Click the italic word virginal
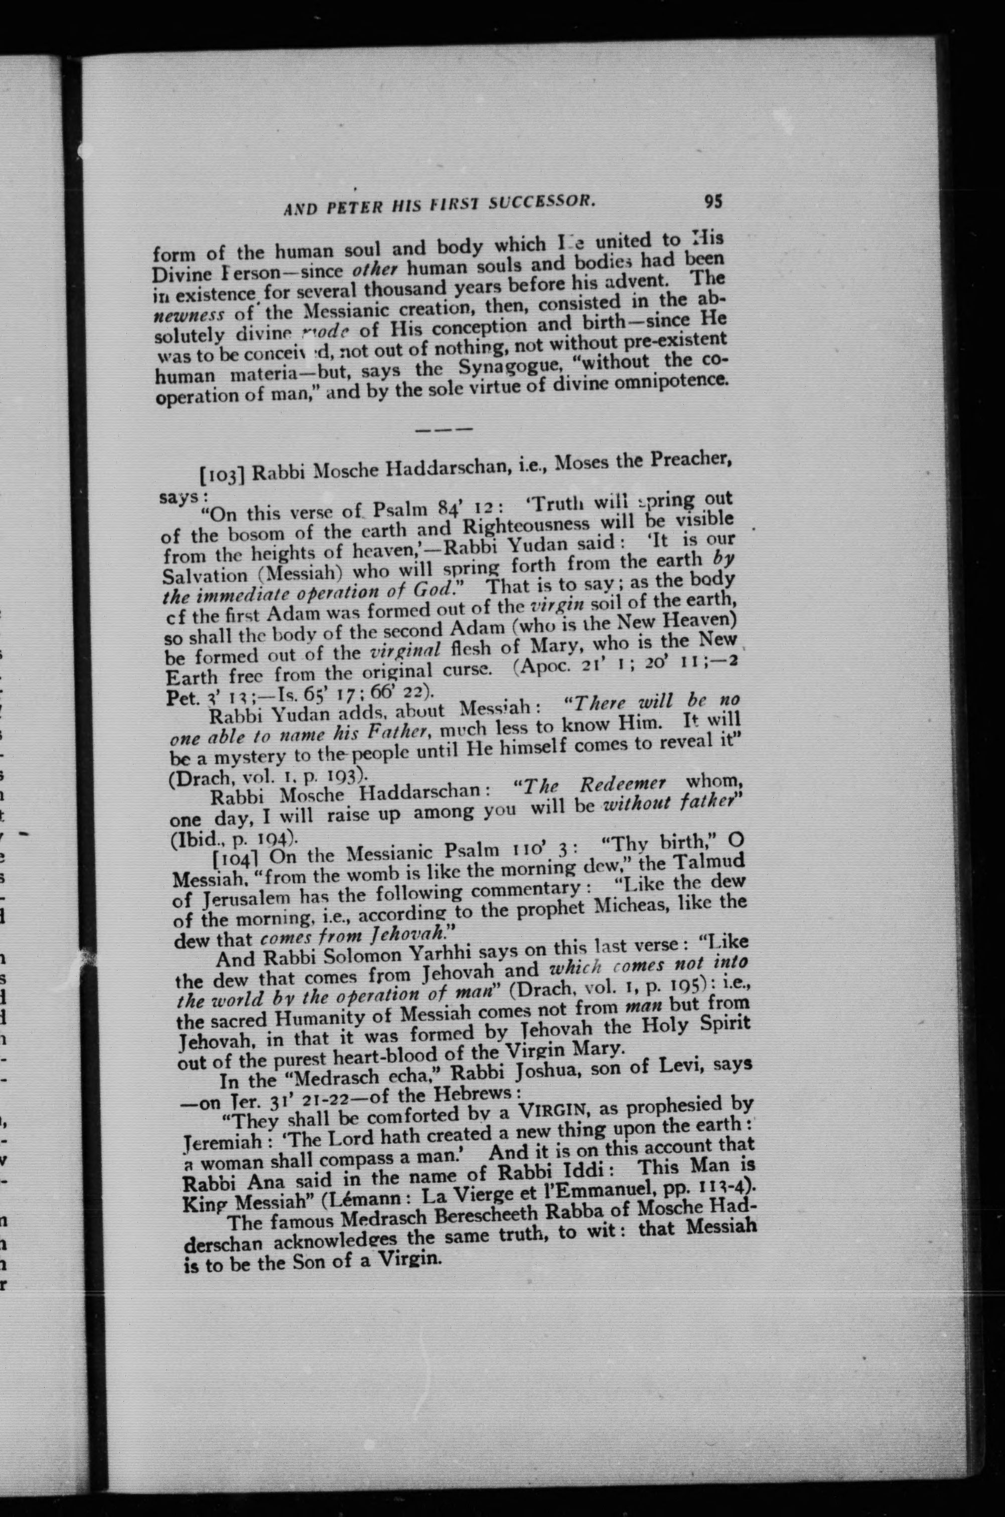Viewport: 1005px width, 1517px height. (404, 652)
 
